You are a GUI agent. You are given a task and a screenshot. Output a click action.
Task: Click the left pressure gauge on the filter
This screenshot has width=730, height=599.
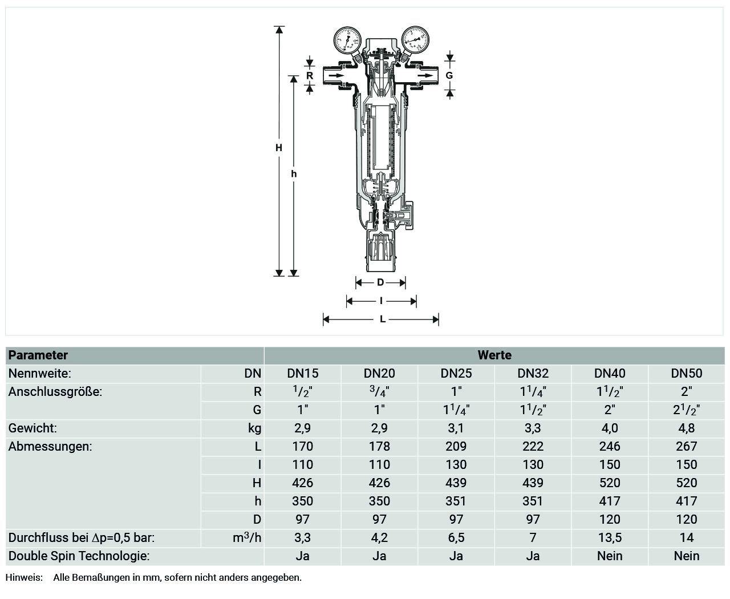[x=347, y=40]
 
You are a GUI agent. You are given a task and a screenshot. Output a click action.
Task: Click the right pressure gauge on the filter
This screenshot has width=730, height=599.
[x=415, y=40]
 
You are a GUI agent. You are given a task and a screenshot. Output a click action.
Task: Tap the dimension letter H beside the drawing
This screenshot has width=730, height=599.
[x=279, y=148]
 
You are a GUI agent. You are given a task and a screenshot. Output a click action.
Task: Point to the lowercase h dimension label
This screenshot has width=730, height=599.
[x=294, y=174]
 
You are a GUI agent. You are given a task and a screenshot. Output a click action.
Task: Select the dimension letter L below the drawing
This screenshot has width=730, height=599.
[x=383, y=319]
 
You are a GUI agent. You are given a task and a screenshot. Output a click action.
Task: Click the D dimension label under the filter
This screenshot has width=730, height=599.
[x=380, y=282]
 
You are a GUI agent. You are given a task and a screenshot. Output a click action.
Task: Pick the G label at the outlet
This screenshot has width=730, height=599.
[x=449, y=75]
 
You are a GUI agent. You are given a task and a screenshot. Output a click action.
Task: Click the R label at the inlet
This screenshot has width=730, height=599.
[x=310, y=75]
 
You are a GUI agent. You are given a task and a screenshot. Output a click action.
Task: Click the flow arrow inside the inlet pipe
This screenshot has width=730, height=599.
[x=336, y=75]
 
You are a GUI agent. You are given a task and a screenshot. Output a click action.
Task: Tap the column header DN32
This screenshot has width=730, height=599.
[x=533, y=373]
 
